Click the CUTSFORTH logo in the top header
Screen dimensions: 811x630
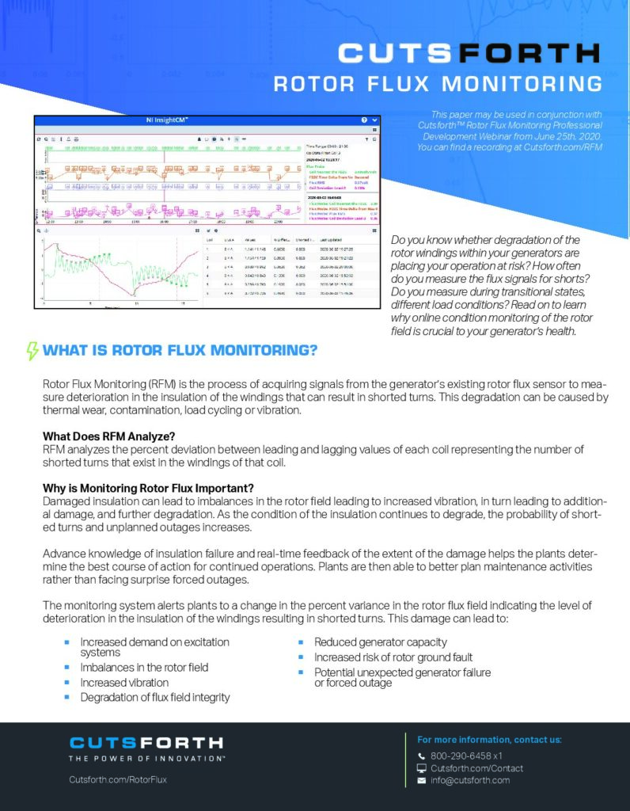tap(468, 54)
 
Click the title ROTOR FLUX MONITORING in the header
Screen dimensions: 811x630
tap(438, 84)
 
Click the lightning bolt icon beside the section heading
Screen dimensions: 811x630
tap(32, 351)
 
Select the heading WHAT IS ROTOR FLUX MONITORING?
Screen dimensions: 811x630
tap(180, 351)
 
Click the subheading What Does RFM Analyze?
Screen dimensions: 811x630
tap(109, 436)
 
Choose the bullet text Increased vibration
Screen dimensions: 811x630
tap(124, 683)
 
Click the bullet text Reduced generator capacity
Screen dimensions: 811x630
tap(380, 642)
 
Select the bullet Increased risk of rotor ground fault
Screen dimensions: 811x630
tap(393, 657)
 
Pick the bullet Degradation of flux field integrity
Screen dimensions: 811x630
tap(155, 698)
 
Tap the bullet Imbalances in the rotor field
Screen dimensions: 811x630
tap(144, 668)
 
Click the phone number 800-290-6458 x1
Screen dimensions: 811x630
tap(466, 756)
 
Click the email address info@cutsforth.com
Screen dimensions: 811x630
tap(470, 781)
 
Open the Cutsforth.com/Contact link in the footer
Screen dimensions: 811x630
tap(476, 768)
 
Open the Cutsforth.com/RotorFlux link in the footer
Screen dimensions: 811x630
tap(118, 780)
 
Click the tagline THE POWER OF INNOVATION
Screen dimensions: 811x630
tap(146, 759)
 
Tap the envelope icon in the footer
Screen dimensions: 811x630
tap(421, 781)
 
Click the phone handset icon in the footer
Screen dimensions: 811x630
tap(421, 756)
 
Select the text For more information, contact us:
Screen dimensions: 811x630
tap(489, 740)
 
